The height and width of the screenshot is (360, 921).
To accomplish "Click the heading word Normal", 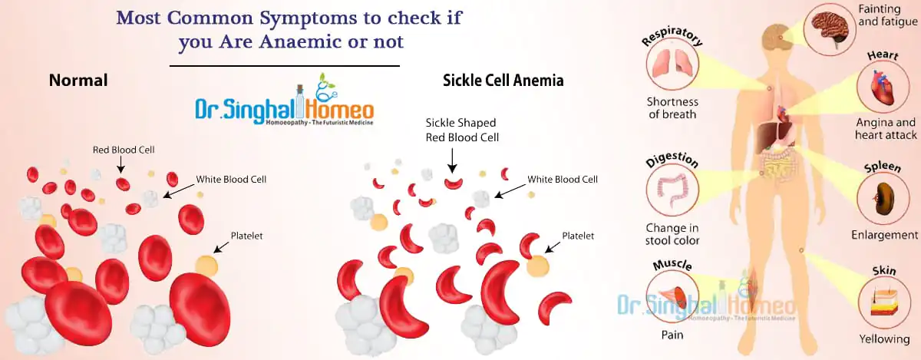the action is click(x=78, y=81).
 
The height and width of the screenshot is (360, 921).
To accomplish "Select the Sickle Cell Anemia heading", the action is click(x=503, y=81).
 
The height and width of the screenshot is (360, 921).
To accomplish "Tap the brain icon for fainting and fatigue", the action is click(x=830, y=30).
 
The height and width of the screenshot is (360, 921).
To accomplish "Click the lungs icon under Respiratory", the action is click(x=672, y=64).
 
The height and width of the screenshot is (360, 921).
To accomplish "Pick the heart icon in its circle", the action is click(x=883, y=87).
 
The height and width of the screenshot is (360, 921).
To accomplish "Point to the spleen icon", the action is click(x=883, y=199).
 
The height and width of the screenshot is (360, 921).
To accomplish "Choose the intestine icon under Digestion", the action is click(x=672, y=190).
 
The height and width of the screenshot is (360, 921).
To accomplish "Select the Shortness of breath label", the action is click(x=672, y=107).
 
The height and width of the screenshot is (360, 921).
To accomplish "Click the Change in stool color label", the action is click(x=672, y=233).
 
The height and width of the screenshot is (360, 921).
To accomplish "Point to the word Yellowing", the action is click(x=884, y=339).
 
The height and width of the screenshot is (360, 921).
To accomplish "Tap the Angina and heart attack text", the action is click(x=886, y=129).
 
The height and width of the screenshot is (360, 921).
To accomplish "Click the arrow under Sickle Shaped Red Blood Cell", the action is click(x=452, y=160).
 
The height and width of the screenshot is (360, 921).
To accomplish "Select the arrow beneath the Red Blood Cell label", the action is click(x=120, y=165).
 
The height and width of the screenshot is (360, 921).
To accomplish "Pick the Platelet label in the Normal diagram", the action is click(x=246, y=236).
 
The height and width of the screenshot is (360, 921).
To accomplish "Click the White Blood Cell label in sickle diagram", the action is click(x=563, y=180).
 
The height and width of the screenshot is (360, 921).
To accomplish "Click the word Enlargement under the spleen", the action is click(x=884, y=235).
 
